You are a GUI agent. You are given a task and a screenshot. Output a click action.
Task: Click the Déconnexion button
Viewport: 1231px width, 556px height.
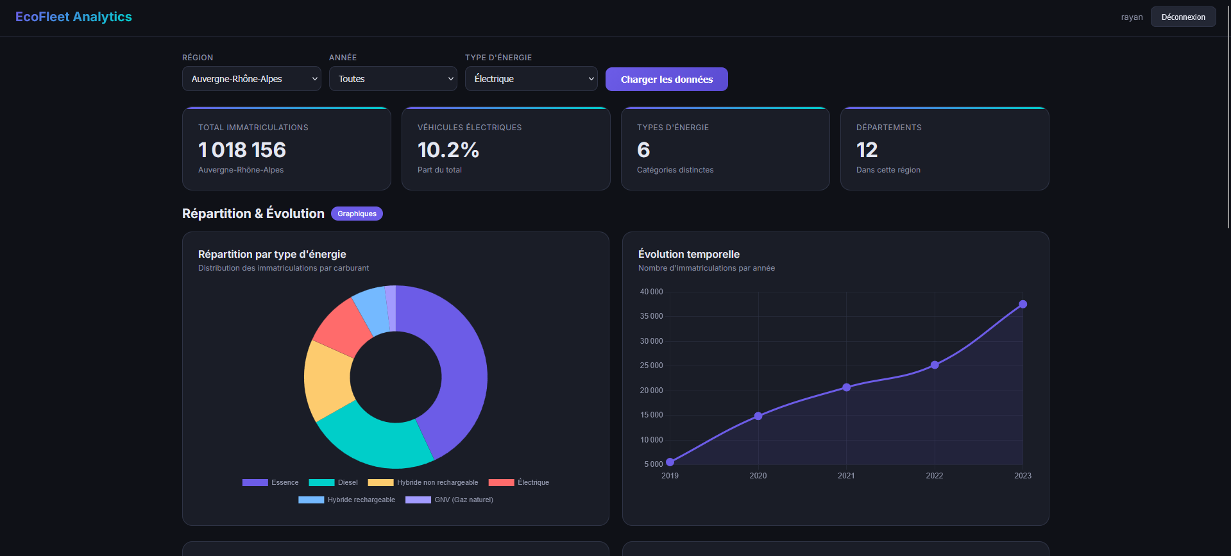point(1183,17)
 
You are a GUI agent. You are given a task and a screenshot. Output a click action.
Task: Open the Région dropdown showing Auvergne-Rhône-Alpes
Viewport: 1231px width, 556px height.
point(251,79)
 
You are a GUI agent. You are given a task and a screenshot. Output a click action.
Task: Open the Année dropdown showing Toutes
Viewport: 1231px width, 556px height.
point(393,79)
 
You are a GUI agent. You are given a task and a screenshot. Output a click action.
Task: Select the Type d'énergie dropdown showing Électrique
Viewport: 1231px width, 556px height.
point(531,79)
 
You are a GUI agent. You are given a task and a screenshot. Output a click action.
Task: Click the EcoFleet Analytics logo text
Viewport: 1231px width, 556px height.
point(74,17)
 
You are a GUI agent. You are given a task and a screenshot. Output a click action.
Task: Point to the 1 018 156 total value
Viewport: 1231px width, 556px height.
point(242,149)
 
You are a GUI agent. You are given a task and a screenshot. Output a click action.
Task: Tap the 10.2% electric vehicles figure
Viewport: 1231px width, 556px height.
point(448,149)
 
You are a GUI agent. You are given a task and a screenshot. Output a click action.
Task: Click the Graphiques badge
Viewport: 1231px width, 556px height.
point(357,214)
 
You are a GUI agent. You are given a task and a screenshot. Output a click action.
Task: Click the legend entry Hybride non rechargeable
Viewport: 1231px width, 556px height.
point(423,482)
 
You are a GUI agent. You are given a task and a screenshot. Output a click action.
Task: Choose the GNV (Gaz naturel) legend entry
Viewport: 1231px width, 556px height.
point(449,500)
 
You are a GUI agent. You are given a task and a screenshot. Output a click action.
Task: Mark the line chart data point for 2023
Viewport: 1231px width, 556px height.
point(1023,304)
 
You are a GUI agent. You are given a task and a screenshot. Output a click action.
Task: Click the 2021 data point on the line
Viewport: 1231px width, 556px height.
point(846,387)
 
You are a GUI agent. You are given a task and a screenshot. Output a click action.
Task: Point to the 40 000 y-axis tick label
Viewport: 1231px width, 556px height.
point(651,292)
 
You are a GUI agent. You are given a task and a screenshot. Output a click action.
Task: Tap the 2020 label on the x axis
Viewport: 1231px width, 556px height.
point(758,476)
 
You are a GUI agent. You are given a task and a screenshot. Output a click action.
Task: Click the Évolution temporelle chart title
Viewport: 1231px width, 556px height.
point(689,254)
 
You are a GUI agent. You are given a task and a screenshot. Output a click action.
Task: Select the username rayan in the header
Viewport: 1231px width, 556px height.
point(1132,17)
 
